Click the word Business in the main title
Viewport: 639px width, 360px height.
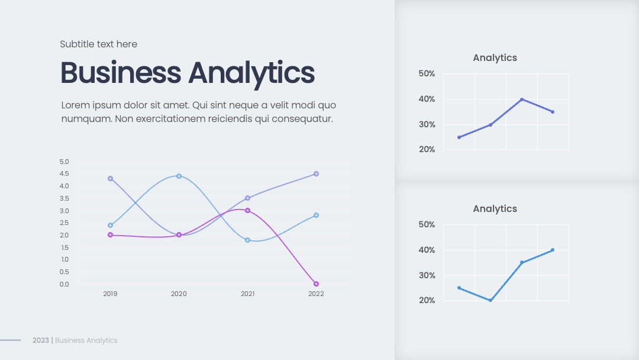(121, 73)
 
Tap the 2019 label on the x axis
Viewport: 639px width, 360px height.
(110, 294)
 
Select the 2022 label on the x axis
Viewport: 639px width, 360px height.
(316, 294)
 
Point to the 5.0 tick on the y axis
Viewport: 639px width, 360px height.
(64, 162)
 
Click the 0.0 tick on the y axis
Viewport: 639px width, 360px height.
(64, 284)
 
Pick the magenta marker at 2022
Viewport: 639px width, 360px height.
(316, 284)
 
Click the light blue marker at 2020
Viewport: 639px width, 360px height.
(179, 176)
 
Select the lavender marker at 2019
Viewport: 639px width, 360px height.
(110, 179)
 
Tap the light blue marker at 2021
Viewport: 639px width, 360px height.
(247, 240)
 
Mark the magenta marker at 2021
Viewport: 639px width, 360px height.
(247, 210)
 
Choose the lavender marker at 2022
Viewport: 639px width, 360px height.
(316, 173)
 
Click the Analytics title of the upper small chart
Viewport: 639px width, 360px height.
(495, 58)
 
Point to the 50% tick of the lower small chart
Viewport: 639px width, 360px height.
(427, 224)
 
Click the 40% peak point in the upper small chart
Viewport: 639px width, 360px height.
(522, 99)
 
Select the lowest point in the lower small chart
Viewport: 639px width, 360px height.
(490, 300)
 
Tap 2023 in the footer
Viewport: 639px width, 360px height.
(41, 340)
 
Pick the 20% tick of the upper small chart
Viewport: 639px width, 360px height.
(427, 150)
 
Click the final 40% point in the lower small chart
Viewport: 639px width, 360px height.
(553, 250)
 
